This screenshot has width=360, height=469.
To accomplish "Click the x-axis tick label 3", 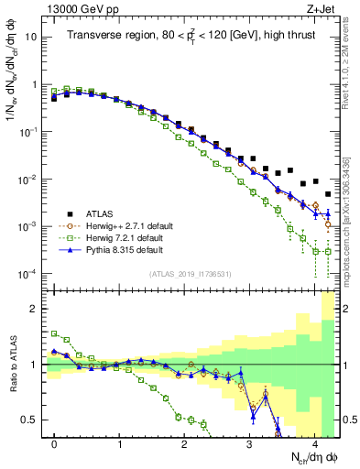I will point(249,443).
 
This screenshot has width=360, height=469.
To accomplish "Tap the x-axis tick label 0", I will point(54,443).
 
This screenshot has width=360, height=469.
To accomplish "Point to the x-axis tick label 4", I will point(314,443).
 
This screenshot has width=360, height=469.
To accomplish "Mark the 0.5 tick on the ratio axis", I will point(30,420).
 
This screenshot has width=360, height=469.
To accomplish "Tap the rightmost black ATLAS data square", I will point(328,194).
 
